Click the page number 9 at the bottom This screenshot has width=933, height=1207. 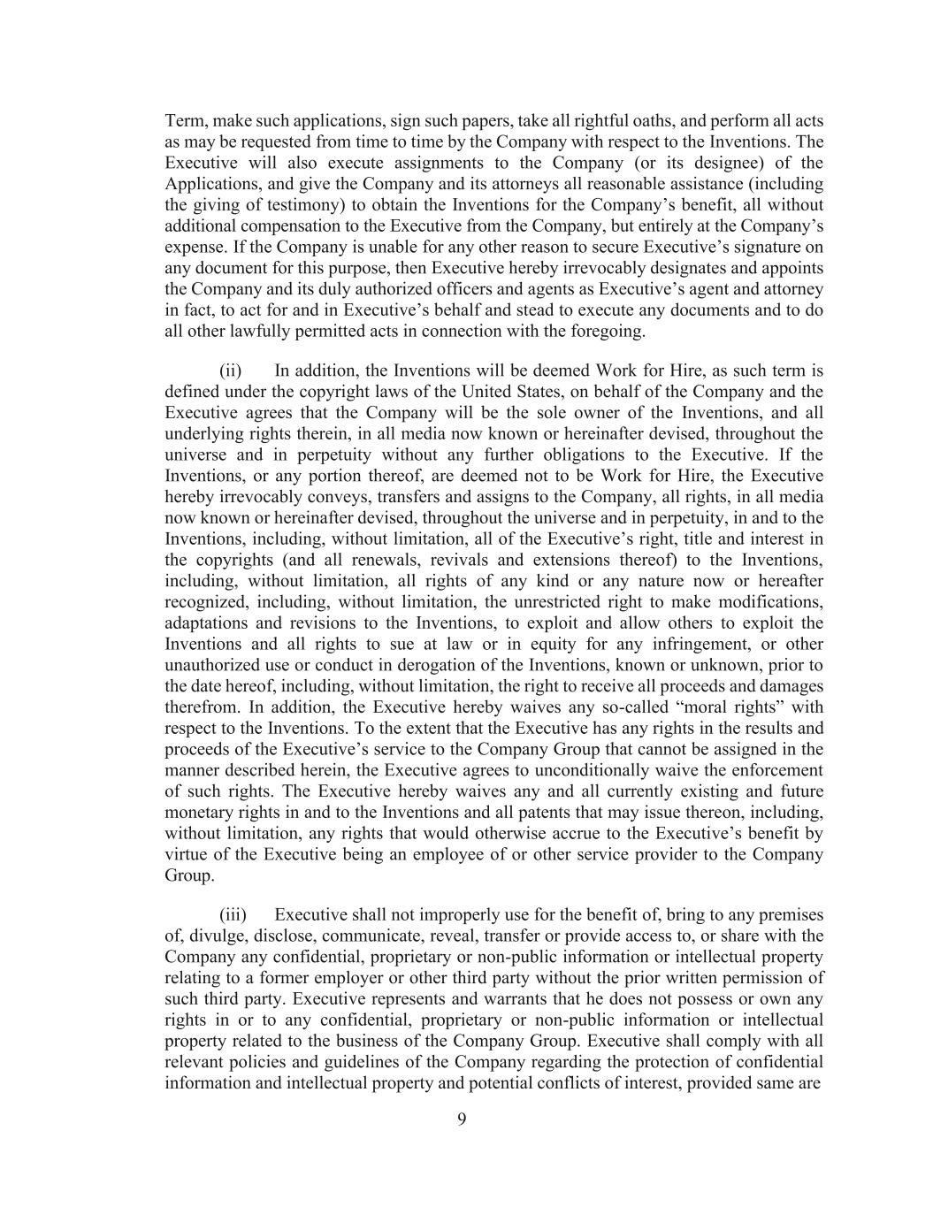point(462,1120)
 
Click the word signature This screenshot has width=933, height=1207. point(777,247)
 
